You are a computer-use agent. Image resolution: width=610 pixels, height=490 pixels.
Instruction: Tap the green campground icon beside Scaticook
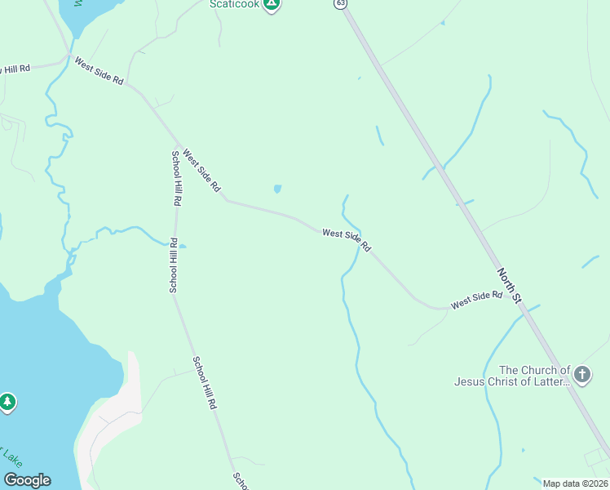tap(272, 4)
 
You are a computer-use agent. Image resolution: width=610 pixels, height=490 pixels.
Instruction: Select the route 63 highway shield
tap(340, 4)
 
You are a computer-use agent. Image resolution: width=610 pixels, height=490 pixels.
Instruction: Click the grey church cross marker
tap(581, 375)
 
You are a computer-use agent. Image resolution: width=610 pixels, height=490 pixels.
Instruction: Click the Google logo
tap(27, 480)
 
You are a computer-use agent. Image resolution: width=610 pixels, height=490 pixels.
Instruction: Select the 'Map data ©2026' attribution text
tap(575, 483)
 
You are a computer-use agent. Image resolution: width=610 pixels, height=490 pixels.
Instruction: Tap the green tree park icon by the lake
tap(7, 402)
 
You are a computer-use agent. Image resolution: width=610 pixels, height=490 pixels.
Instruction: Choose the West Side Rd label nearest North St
tap(476, 300)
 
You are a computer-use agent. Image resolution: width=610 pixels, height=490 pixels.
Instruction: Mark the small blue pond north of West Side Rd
tap(277, 189)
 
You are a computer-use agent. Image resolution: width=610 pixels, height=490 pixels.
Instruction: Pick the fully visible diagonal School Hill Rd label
tap(205, 382)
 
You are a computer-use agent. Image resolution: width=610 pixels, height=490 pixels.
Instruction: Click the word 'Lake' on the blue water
tap(12, 457)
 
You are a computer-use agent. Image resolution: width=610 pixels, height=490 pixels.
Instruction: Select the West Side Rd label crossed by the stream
tap(347, 240)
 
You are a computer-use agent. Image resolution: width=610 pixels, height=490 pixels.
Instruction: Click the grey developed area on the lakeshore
tap(110, 425)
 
